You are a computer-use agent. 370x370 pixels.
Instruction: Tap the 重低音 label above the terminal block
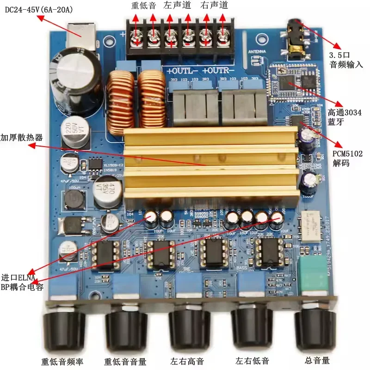[142, 6]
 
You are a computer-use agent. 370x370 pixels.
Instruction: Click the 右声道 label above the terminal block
[214, 6]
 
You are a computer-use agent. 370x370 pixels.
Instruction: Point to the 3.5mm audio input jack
[295, 35]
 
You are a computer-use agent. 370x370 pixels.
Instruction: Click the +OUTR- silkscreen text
[218, 71]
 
